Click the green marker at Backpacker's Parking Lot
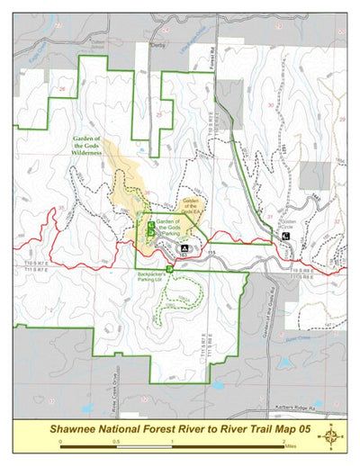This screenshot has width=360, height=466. [168, 266]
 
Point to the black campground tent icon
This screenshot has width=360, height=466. [184, 245]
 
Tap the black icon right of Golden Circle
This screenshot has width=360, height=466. [285, 236]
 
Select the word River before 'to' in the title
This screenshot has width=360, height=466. [184, 429]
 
